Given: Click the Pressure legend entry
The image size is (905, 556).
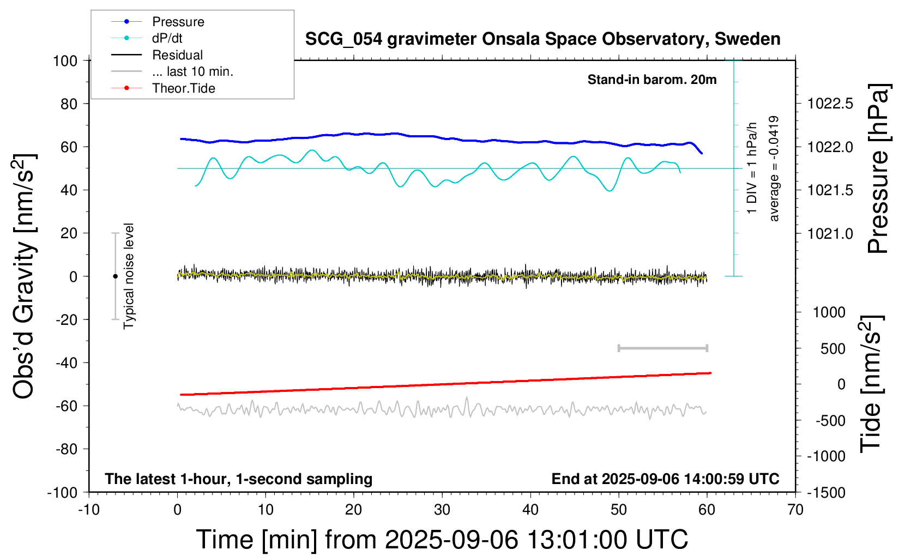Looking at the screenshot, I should pos(178,22).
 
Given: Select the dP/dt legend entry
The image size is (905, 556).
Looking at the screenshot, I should pos(167,38).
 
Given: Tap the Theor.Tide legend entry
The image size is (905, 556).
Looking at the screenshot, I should pos(183,88).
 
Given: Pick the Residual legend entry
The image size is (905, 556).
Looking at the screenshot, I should pos(177,55).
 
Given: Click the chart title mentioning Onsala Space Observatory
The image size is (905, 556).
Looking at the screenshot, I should pos(542,39).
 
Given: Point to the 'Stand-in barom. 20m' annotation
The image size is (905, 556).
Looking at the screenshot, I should pos(651,80).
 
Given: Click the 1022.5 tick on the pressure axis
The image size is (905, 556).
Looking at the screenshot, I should pos(830,104).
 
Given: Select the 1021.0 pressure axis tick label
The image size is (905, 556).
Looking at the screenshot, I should pos(830,234).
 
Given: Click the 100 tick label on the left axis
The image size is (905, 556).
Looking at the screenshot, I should pos(65,61).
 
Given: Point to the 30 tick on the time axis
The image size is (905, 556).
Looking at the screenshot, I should pos(442,510).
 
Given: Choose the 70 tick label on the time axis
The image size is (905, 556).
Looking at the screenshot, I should pos(795,510).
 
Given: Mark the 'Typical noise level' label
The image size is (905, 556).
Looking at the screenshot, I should pos(129,276).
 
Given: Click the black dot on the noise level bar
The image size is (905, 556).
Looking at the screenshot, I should pos(115,276).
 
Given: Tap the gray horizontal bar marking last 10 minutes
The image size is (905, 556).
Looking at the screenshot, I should pos(662,348).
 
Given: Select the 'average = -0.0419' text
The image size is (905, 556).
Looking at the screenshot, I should pos(774,169).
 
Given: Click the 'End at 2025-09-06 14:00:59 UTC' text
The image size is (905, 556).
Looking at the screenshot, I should pos(665,479).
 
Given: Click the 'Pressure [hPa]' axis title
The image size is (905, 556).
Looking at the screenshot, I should pos(878,169).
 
